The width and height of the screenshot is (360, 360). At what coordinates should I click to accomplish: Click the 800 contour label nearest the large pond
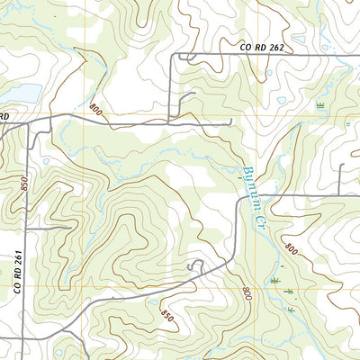pos(95,110)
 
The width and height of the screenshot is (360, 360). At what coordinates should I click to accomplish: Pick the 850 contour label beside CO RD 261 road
pos(24,184)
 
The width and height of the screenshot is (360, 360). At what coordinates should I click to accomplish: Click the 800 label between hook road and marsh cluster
pos(246,294)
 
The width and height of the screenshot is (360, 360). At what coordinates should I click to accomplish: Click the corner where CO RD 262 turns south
pos(174,57)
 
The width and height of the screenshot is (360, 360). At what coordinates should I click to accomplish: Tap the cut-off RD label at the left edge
pos(4,116)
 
